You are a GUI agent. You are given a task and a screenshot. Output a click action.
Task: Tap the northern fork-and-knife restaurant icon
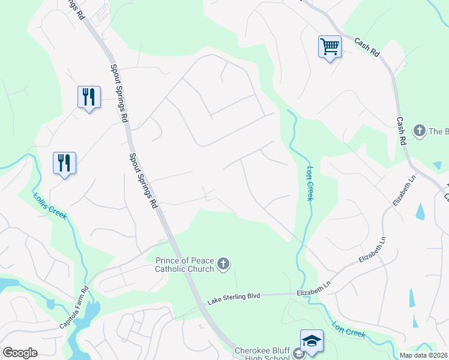click(x=89, y=97)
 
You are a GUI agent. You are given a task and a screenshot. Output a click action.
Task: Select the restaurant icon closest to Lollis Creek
click(x=64, y=163)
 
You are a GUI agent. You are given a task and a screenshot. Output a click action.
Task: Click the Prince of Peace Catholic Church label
click(x=184, y=265)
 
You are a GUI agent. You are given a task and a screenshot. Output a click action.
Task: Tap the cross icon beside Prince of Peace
click(x=223, y=265)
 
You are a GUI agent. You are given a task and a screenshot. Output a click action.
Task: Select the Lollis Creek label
click(x=50, y=205)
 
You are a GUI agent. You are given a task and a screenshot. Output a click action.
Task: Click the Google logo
click(x=20, y=353)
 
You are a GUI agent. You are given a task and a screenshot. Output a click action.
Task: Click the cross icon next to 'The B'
click(x=419, y=131)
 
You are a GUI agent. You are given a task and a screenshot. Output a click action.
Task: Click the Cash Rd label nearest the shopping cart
click(x=367, y=48)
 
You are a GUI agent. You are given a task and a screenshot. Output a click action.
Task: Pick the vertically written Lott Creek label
click(x=310, y=183)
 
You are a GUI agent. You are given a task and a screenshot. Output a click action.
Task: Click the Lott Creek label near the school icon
click(x=349, y=331)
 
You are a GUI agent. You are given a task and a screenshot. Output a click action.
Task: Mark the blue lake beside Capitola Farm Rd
click(x=90, y=315)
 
